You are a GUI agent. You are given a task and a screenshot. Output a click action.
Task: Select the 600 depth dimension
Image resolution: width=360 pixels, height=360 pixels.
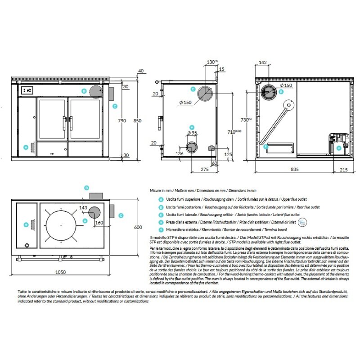click(138, 228)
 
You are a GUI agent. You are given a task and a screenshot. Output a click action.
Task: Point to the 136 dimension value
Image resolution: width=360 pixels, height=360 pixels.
click(179, 154)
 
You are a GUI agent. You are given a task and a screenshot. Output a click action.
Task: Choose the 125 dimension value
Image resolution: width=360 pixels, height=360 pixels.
click(228, 154)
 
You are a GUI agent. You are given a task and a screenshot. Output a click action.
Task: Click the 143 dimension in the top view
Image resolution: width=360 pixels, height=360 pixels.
click(83, 207)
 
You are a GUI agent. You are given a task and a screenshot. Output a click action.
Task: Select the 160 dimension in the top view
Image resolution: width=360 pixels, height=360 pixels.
click(99, 222)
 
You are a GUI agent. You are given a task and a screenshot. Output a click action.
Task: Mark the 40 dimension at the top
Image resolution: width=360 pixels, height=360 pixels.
click(141, 71)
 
